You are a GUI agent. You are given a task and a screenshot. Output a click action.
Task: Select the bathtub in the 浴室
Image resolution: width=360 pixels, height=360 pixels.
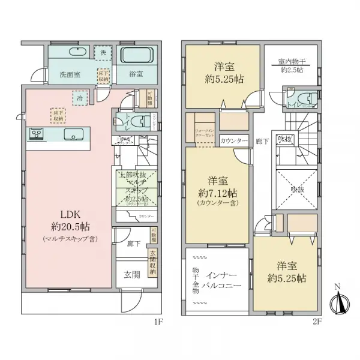coord(139,56)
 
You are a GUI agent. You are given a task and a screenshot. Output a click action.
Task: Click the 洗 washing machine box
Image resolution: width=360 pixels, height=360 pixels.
coord(103,53)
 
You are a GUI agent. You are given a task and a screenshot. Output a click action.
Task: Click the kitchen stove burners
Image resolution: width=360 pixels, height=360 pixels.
coord(34,134)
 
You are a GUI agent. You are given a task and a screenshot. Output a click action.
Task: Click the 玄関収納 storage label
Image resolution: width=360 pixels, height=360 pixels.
coord(152,262)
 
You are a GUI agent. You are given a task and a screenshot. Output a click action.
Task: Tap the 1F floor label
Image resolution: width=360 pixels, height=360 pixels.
coord(158,322)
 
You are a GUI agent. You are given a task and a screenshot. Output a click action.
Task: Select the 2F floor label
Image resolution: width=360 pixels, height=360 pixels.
coord(317,322)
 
